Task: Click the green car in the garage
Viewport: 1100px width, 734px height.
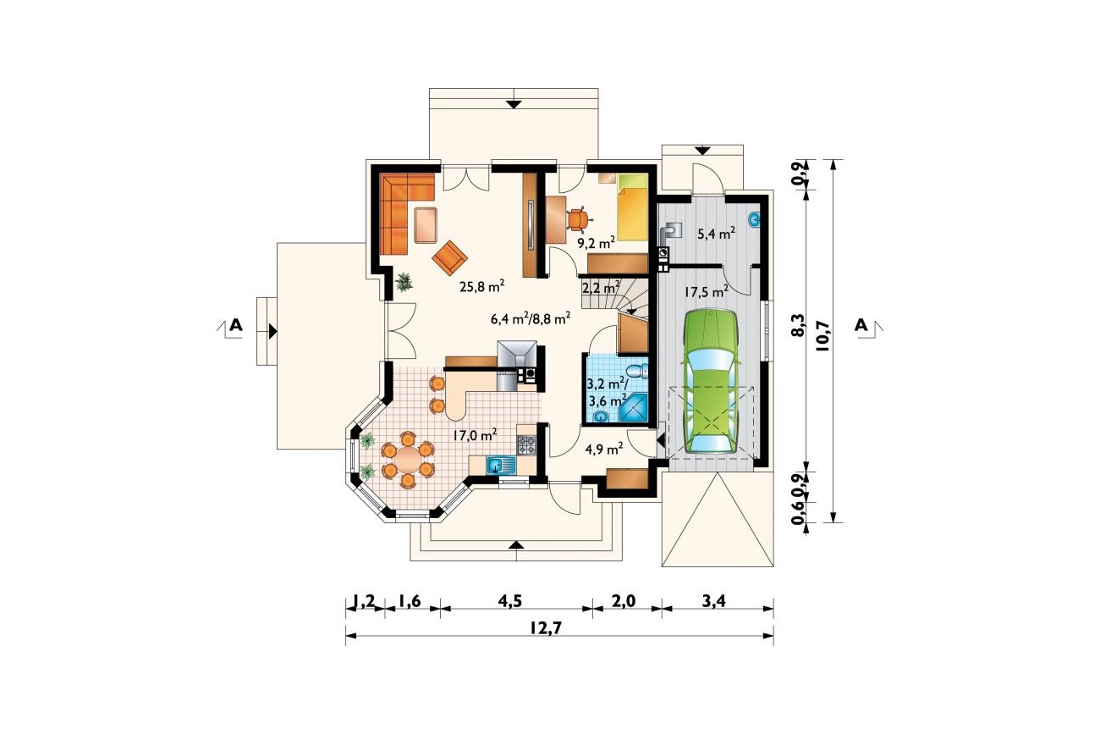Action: coord(711,382)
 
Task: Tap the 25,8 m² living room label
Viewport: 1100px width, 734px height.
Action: coord(482,286)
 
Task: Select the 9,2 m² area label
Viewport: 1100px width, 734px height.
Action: coord(597,243)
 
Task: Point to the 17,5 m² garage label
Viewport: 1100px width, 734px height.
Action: coord(707,292)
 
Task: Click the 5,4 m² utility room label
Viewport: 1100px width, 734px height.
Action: coord(717,234)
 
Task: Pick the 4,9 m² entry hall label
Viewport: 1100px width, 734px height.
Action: coord(604,449)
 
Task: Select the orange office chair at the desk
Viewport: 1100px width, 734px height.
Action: coord(577,219)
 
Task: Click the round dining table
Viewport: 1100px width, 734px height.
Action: coord(407,460)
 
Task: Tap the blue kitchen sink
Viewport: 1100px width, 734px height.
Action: coord(501,464)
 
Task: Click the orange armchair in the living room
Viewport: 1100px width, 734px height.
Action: coord(449,257)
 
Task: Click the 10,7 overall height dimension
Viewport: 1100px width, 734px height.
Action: coord(822,335)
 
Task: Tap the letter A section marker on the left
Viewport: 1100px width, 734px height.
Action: coord(236,325)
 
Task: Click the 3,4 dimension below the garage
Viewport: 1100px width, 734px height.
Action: coord(713,601)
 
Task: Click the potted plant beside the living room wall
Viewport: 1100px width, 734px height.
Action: coord(404,282)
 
